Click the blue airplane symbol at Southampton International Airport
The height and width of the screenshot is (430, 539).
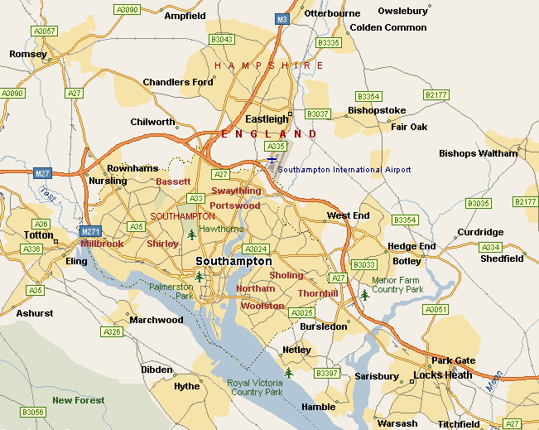pos(272,159)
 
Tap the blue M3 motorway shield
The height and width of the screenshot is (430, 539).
pos(282,18)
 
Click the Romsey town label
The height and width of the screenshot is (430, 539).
pos(22,54)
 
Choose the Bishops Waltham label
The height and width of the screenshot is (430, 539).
pos(478,153)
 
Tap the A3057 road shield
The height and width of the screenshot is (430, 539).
pos(43,31)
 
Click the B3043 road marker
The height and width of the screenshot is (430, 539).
pos(222,39)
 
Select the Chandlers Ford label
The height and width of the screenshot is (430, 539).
pos(178,82)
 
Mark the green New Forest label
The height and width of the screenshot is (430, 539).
pos(79,400)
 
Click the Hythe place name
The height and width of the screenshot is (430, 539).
pos(186,386)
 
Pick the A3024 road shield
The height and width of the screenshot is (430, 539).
pos(257,249)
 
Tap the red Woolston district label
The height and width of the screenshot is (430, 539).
pos(262,306)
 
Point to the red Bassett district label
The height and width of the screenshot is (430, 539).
pos(173,181)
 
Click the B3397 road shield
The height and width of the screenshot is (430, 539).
pos(328,374)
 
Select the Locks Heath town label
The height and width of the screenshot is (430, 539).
pos(443,375)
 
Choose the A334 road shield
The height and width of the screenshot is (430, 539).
pos(491,247)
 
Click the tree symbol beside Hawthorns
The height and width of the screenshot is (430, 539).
pos(193,235)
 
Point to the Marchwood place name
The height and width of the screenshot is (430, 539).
pos(156,320)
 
